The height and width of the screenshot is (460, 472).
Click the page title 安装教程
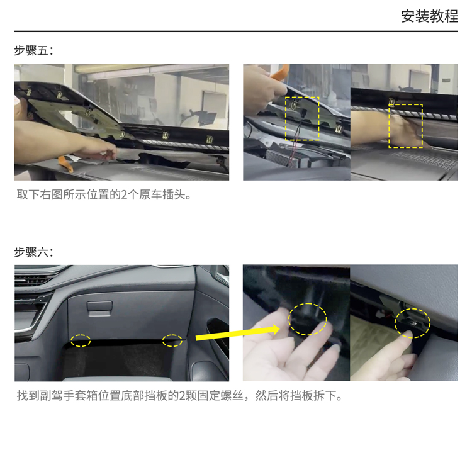pyautogui.click(x=429, y=16)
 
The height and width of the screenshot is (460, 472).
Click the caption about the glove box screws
pyautogui.click(x=179, y=396)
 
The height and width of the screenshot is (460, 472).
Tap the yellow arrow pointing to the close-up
pyautogui.click(x=238, y=333)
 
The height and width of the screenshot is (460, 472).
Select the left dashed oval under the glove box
pyautogui.click(x=81, y=340)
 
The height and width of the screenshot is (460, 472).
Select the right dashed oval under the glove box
pyautogui.click(x=172, y=340)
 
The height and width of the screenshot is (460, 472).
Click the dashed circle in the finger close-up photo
pyautogui.click(x=289, y=319)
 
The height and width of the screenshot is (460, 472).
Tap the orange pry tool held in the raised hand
pyautogui.click(x=280, y=72)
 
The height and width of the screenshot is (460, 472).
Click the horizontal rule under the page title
pyautogui.click(x=236, y=31)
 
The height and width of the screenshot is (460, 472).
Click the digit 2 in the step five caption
pyautogui.click(x=124, y=195)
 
